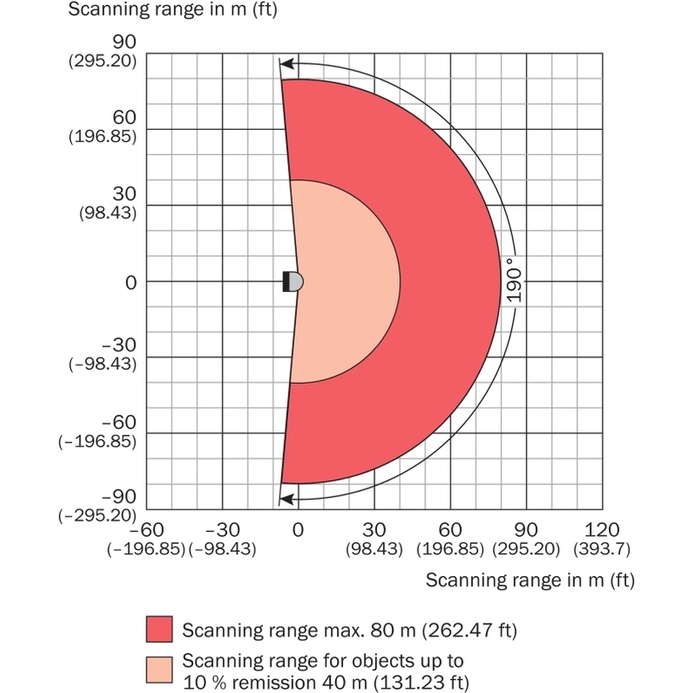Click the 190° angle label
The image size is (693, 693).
click(x=514, y=280)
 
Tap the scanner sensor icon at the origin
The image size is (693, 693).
click(x=293, y=282)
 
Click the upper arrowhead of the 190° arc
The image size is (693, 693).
click(x=288, y=63)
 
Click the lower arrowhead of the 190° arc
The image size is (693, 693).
click(x=288, y=500)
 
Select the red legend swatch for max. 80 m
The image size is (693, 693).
click(x=159, y=629)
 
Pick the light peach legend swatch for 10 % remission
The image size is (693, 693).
click(x=159, y=670)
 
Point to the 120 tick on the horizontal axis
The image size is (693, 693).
click(x=602, y=529)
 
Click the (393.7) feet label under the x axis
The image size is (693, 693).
click(x=602, y=549)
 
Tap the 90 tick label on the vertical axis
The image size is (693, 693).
click(x=124, y=42)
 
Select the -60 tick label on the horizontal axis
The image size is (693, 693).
click(x=146, y=529)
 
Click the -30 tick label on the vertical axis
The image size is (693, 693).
click(x=119, y=345)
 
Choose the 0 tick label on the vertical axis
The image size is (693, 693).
click(x=131, y=283)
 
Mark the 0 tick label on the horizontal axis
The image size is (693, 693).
click(x=298, y=529)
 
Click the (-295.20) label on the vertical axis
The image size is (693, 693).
click(x=97, y=515)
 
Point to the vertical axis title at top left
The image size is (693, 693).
click(x=172, y=10)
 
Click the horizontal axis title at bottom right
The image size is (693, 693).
click(x=530, y=580)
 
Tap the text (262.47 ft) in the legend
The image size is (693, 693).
click(x=469, y=630)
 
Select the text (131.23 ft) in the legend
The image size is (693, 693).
click(x=421, y=683)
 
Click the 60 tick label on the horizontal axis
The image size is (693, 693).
click(x=450, y=529)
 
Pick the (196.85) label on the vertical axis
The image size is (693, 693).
click(x=102, y=136)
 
